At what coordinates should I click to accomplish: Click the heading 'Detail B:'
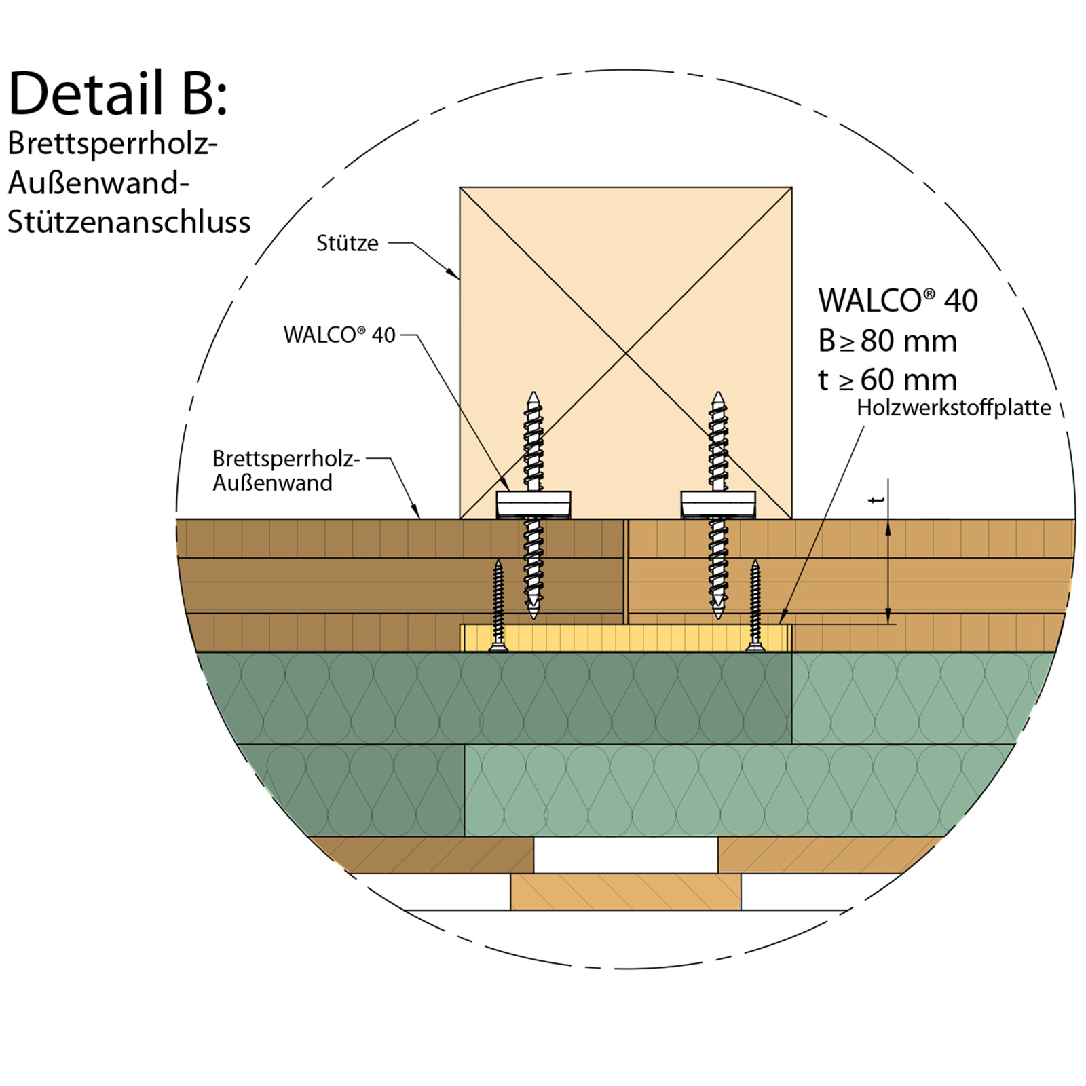(118, 94)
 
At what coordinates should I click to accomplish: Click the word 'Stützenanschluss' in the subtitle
(129, 223)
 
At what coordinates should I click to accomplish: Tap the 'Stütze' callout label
(347, 243)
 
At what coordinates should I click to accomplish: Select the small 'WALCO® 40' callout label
(339, 335)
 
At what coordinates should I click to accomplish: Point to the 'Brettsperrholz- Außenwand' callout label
(285, 470)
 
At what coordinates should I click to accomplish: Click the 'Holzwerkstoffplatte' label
(954, 407)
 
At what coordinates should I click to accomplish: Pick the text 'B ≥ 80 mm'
(887, 341)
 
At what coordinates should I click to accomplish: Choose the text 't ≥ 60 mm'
(887, 380)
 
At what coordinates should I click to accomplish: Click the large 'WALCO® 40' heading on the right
(897, 300)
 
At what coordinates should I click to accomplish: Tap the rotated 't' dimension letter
(877, 500)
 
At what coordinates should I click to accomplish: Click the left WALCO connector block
(533, 504)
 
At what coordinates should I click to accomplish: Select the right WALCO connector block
(718, 504)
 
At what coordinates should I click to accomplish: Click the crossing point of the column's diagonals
(626, 353)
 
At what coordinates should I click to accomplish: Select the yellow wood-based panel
(624, 638)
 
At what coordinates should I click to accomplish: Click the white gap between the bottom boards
(625, 855)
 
